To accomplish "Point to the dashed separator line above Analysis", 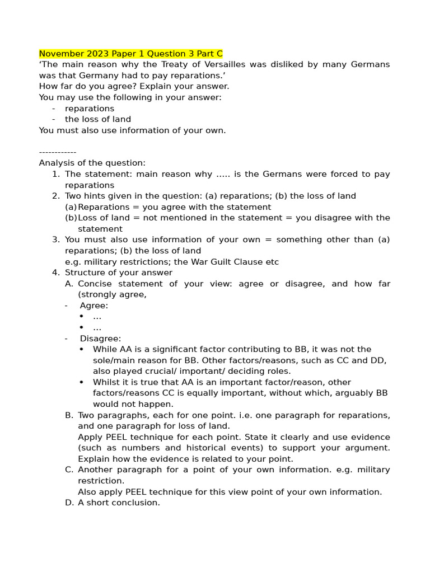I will coord(58,152).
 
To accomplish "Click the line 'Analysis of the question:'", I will coord(92,163).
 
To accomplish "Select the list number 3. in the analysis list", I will coord(55,239).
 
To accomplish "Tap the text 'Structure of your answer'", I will coord(119,273).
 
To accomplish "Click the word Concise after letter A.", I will coord(96,284).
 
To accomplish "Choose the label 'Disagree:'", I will coord(100,339).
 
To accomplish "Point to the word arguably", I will coord(354,393).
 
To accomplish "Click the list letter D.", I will coord(69,502).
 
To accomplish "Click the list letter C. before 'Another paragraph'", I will coord(69,469).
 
